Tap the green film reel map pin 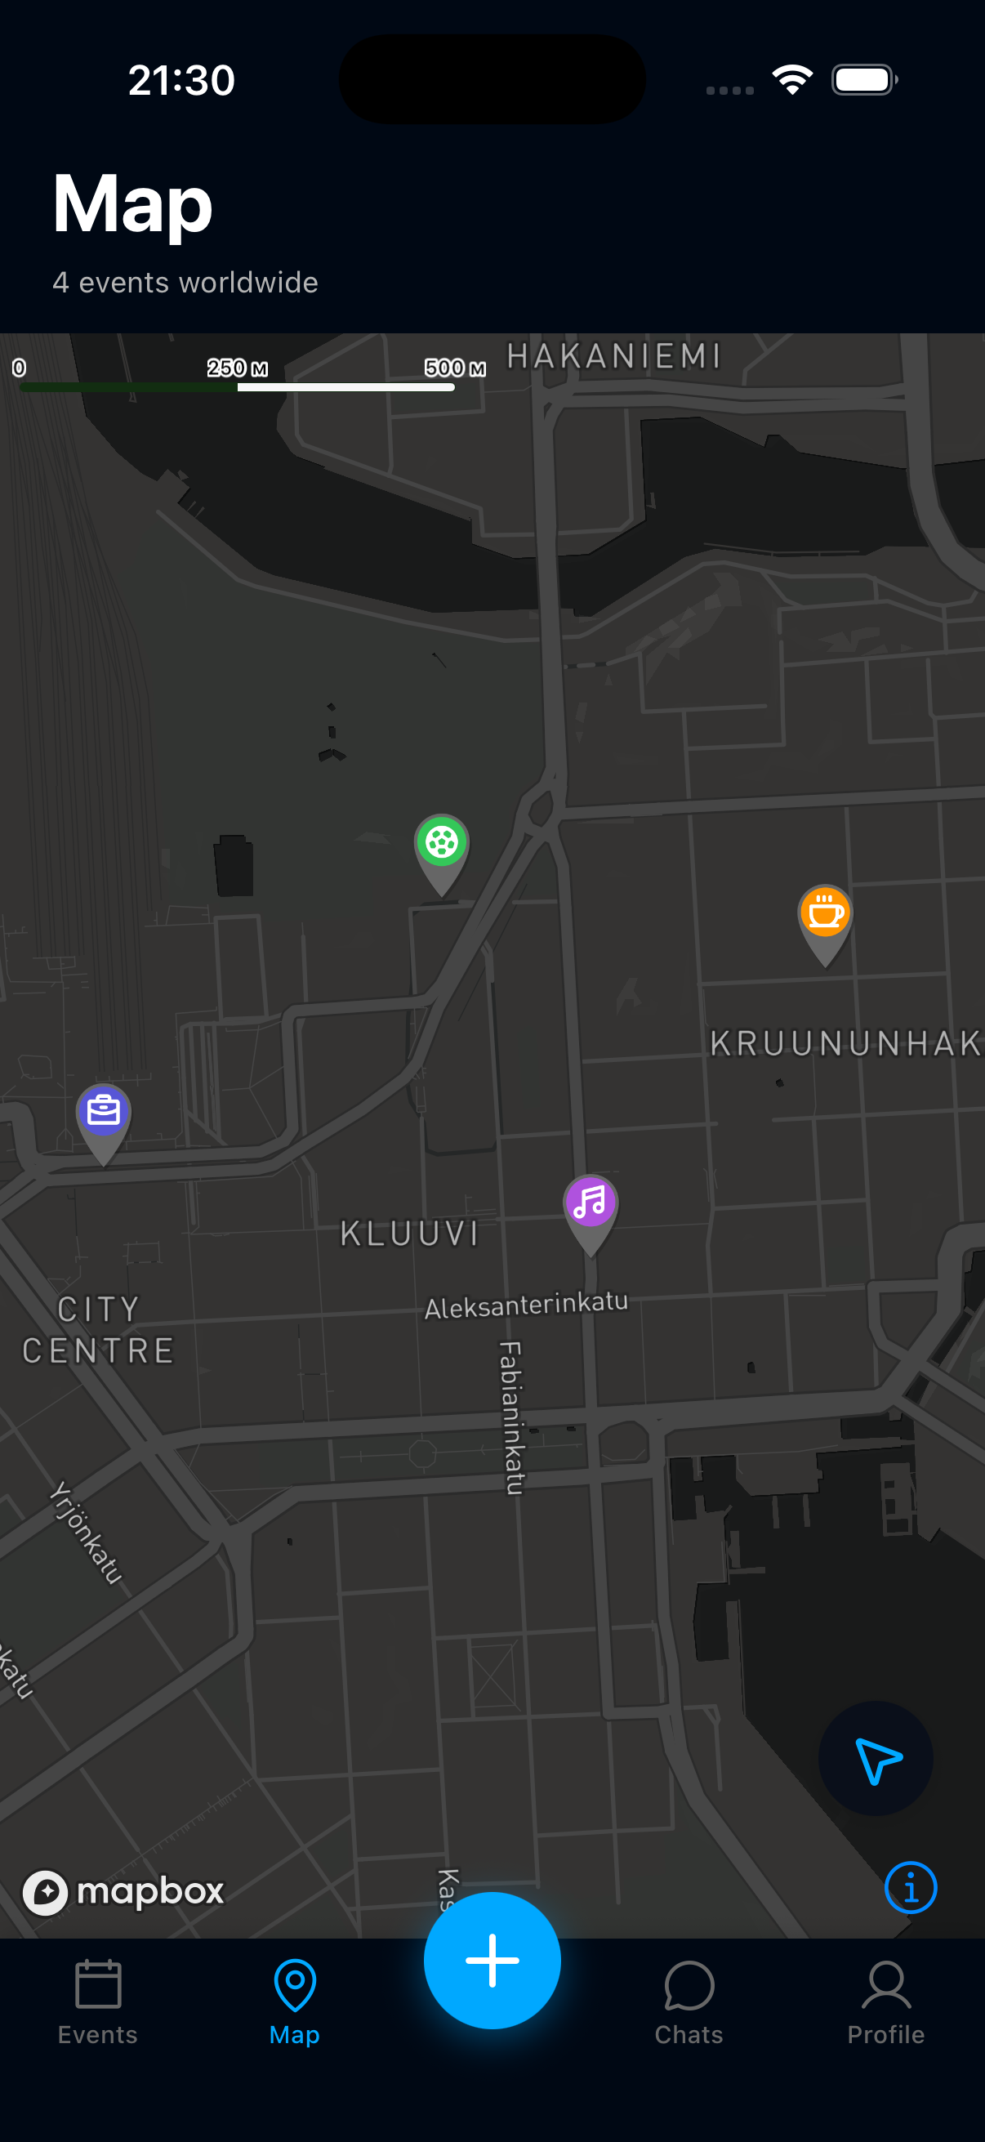441,844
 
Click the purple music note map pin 591,1203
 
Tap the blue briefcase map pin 103,1112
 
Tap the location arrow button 876,1758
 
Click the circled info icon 910,1888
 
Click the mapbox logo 123,1892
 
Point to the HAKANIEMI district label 613,357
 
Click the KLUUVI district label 410,1234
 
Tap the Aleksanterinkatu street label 525,1305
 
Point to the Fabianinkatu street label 511,1417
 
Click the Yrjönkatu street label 86,1532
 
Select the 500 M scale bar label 455,368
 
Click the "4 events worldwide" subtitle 185,283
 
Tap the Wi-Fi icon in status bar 792,80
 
